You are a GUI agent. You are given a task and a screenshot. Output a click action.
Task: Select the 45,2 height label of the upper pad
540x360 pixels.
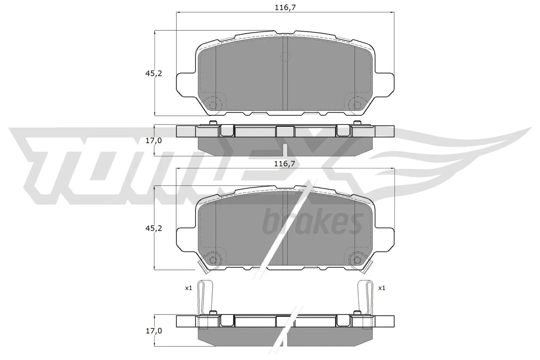[154, 73]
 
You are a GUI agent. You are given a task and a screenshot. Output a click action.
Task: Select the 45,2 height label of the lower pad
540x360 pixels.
[154, 228]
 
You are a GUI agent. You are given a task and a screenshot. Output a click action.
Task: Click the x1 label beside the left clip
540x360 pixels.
[188, 288]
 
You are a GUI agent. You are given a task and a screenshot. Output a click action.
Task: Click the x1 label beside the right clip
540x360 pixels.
[381, 288]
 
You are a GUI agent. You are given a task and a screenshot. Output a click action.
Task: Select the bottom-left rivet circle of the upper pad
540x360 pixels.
[213, 105]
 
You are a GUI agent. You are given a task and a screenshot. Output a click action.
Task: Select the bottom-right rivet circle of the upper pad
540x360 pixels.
[356, 105]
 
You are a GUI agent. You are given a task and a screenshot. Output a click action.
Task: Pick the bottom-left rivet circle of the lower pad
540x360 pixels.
[213, 260]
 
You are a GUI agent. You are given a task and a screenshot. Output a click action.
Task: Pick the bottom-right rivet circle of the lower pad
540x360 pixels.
[356, 260]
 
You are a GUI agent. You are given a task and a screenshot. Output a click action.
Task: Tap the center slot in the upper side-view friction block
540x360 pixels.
[286, 149]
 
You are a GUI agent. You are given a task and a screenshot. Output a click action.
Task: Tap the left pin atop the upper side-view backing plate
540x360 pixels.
[212, 122]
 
